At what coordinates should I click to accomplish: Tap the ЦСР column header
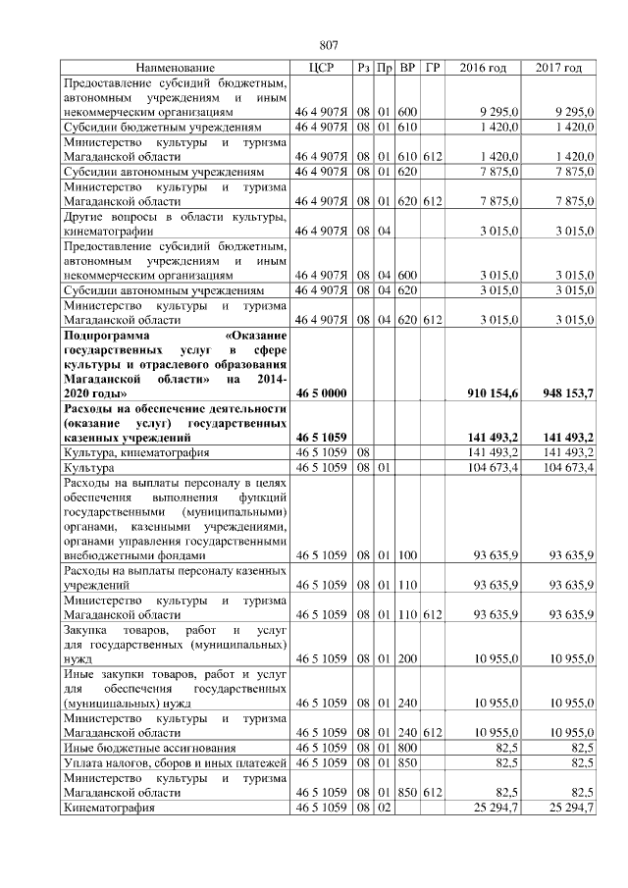322,68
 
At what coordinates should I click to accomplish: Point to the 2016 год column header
483,68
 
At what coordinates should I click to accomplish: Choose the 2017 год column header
559,68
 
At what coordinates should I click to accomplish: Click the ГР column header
433,68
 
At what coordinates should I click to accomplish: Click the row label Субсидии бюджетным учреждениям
162,128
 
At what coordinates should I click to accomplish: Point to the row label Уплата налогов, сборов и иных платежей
174,760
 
